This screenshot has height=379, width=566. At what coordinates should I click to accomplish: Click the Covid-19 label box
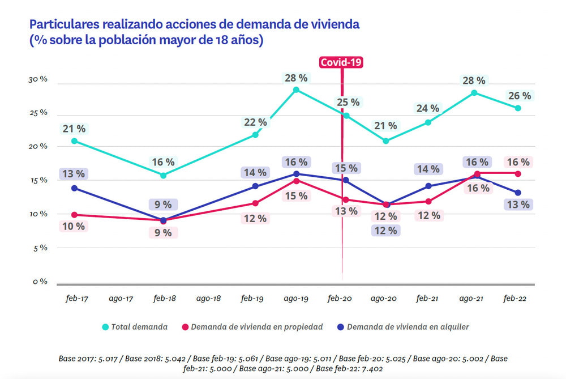(x=341, y=63)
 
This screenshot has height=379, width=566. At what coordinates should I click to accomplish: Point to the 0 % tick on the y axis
(x=39, y=282)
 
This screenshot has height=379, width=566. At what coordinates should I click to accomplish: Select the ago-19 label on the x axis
(x=296, y=299)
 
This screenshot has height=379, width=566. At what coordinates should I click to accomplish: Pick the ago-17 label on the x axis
(x=120, y=299)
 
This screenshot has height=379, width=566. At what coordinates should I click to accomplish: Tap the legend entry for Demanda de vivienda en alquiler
(x=402, y=327)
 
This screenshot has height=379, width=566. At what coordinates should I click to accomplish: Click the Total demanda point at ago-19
(x=296, y=90)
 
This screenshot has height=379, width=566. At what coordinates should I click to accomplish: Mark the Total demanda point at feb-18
(x=163, y=176)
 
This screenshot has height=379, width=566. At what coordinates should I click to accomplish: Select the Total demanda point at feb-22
(x=518, y=108)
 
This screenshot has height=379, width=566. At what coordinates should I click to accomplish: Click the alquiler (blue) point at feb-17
(x=74, y=188)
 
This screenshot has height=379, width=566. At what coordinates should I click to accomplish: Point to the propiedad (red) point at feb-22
(x=518, y=173)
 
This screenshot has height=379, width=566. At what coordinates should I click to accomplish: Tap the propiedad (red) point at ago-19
(x=296, y=181)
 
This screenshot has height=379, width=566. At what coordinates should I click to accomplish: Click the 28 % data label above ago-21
(x=474, y=80)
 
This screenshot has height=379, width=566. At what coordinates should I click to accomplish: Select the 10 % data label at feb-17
(x=73, y=226)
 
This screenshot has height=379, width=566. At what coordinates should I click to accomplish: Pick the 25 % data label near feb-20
(x=348, y=102)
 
